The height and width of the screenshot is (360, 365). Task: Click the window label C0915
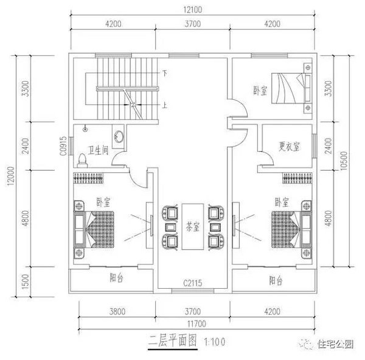[x=63, y=147]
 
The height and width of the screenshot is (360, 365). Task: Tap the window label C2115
[x=193, y=283]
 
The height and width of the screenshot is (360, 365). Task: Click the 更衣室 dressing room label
[x=289, y=146]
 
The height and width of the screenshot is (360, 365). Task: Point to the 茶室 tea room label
[x=193, y=228]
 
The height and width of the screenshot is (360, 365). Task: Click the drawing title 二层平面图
[x=174, y=341]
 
